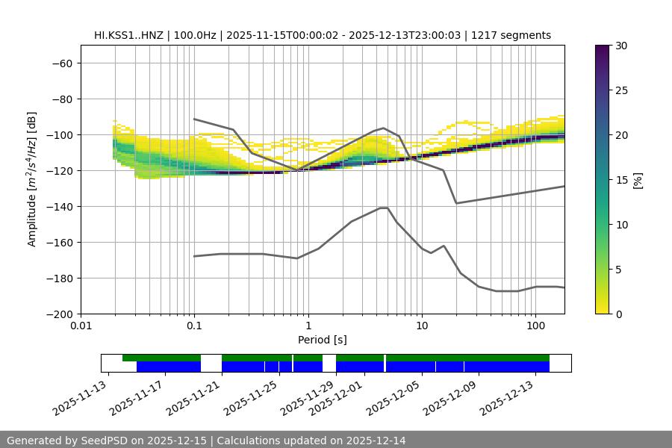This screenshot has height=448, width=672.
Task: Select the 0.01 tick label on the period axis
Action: [81, 326]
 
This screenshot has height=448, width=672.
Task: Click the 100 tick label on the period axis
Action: [535, 326]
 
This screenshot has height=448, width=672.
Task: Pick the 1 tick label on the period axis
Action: [308, 326]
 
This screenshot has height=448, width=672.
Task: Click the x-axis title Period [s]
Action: [322, 340]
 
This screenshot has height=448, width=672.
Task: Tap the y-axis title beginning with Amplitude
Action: [32, 179]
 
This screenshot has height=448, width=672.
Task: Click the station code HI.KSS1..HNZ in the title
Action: [129, 35]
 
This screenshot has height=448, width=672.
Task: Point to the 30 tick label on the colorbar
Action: [621, 46]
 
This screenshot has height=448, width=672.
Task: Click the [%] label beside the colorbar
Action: [638, 179]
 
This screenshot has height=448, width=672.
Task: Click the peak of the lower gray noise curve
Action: [384, 208]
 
